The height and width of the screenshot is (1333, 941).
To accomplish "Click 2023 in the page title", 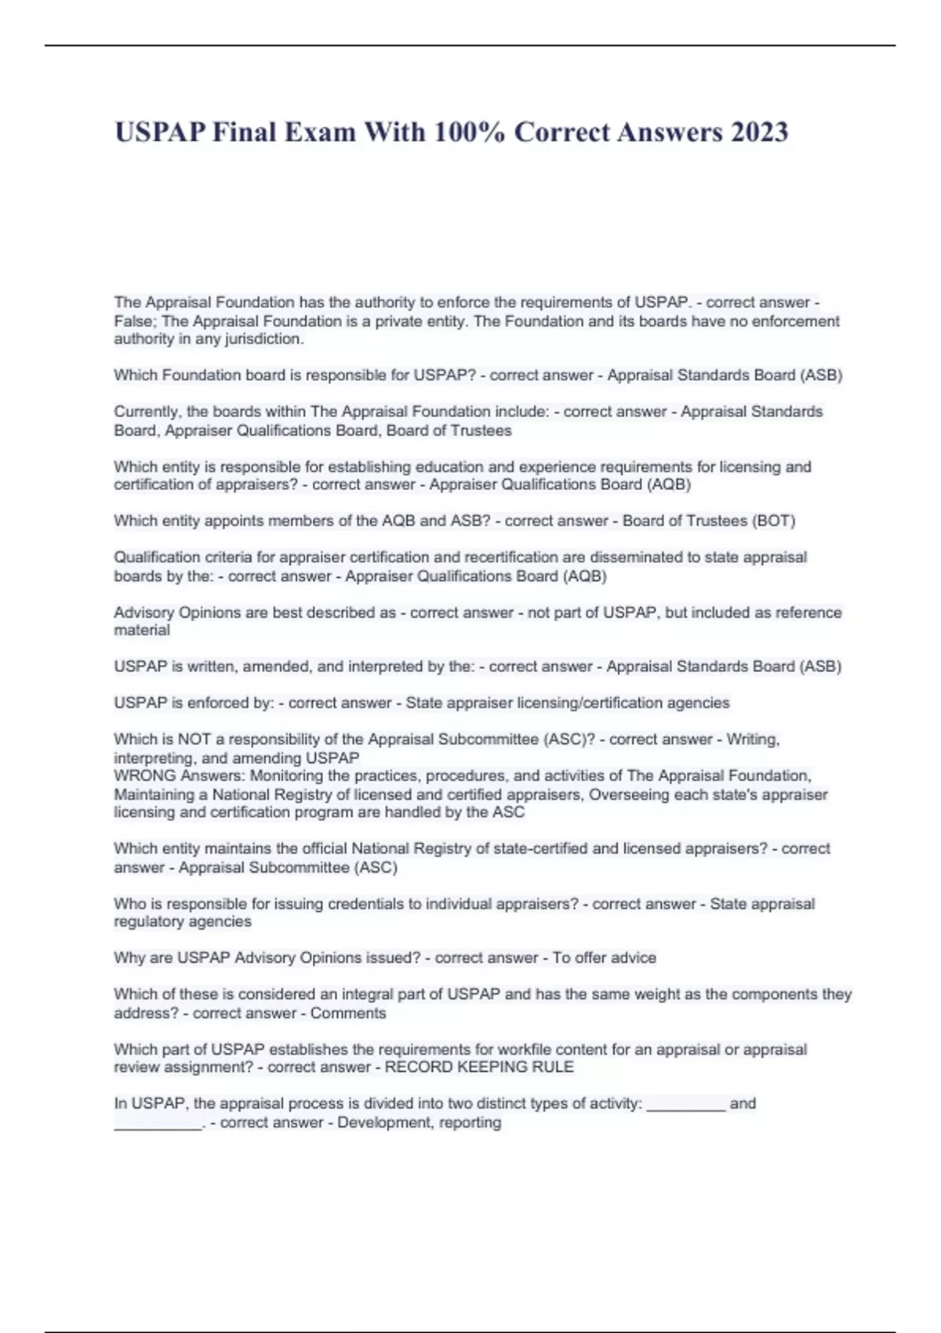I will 758,132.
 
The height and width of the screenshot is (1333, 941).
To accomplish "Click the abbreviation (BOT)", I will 773,521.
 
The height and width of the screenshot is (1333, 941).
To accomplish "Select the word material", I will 142,630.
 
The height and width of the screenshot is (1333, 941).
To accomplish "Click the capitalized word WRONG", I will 145,775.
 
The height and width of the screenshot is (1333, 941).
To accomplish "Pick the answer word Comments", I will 348,1013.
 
